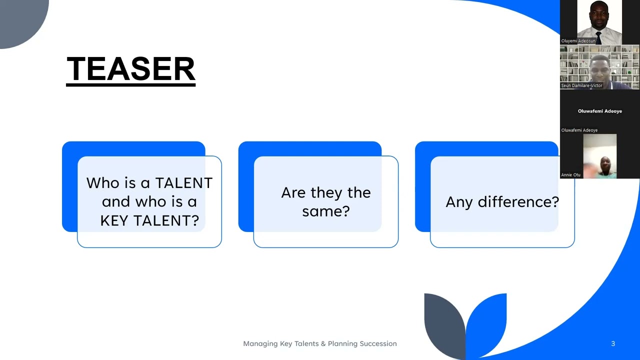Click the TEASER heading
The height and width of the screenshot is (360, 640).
point(130,69)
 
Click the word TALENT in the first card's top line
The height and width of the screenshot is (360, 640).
point(184,183)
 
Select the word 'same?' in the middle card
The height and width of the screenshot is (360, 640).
point(325,211)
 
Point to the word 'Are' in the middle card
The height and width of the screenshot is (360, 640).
point(293,192)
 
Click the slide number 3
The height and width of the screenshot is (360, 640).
point(613,343)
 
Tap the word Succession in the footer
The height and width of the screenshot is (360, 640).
point(373,343)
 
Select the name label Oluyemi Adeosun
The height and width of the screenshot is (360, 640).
point(578,41)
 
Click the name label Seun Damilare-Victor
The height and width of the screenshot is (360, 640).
point(581,85)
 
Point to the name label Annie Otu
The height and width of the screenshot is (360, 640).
point(571,175)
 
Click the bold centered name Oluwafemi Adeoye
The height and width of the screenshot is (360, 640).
point(599,111)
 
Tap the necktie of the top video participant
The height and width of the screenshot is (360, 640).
point(598,37)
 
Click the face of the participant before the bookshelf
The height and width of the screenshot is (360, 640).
point(599,68)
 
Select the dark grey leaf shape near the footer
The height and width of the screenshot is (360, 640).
point(443,322)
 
